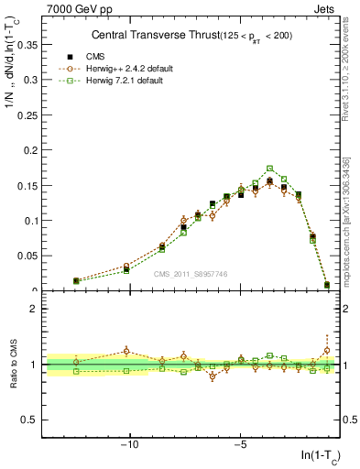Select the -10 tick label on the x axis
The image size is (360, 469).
coord(130,445)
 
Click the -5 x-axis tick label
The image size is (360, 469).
coord(239,445)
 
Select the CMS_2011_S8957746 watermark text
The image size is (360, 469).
coord(190,274)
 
